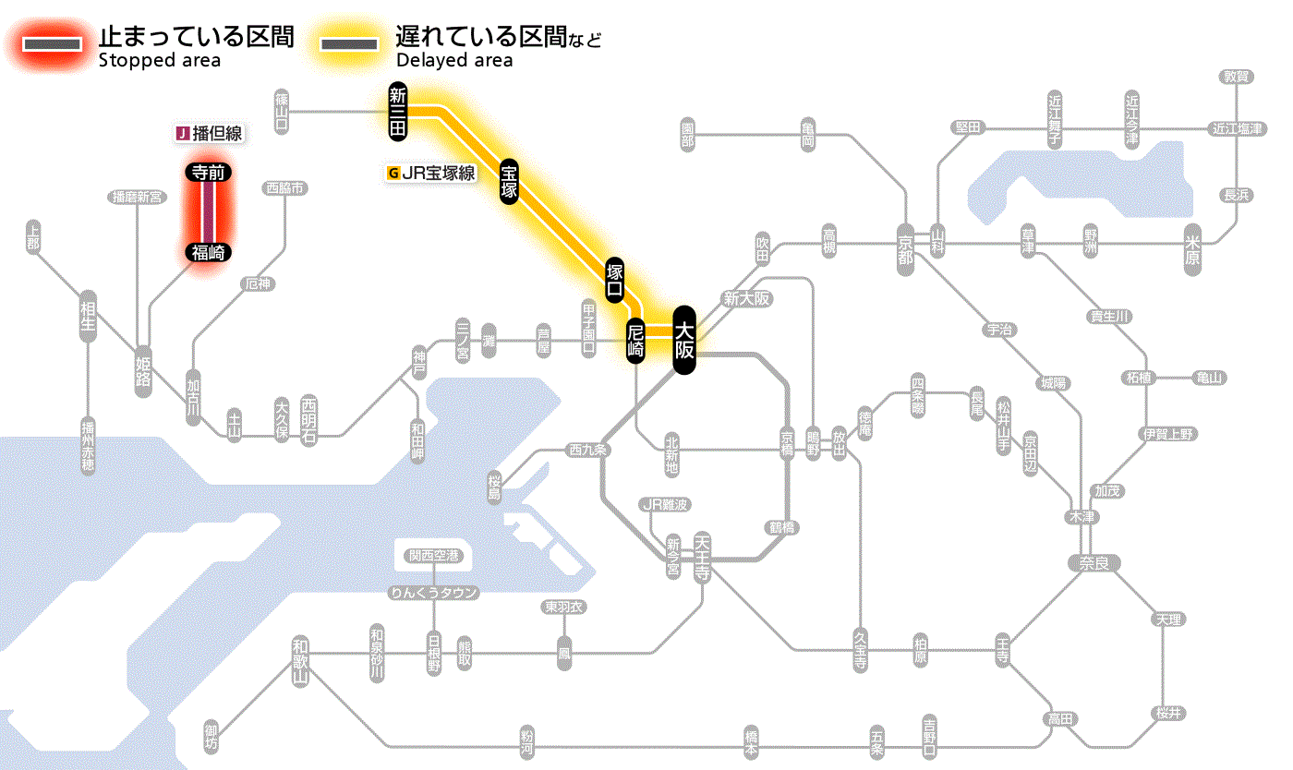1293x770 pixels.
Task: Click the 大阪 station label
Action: click(683, 340)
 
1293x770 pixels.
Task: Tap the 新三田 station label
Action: click(398, 111)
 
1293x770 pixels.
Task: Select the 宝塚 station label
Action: click(509, 181)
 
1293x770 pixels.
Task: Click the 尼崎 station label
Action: click(635, 341)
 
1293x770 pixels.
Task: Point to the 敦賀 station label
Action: click(1237, 77)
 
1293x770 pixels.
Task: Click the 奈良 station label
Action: click(1094, 563)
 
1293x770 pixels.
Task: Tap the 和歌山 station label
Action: click(299, 661)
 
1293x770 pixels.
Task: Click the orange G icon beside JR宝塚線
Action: click(394, 173)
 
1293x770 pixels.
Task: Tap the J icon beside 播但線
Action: click(183, 134)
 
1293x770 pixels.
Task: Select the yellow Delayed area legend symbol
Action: click(348, 43)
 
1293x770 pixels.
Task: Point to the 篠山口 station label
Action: click(282, 111)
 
